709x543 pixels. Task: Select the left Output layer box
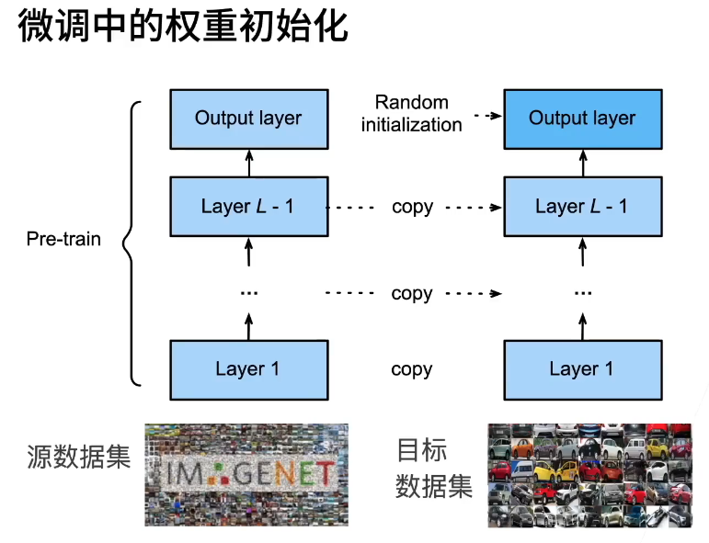[248, 119]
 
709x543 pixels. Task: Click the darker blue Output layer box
[582, 119]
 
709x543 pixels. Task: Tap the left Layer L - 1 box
[248, 206]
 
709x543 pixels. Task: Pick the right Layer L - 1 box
[582, 206]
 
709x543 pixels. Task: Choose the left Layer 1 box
[248, 369]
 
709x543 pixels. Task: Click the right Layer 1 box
[582, 369]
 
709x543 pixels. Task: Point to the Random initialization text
[411, 113]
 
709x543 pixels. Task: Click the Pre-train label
[63, 240]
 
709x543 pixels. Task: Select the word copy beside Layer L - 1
[411, 207]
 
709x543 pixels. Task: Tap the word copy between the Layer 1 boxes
[411, 369]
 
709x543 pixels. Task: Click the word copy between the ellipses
[411, 294]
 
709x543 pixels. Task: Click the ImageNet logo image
[246, 474]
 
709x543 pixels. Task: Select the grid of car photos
[589, 475]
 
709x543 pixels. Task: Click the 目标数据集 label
[433, 468]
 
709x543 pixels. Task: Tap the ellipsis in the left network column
[248, 292]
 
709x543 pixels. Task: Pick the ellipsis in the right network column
[582, 292]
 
